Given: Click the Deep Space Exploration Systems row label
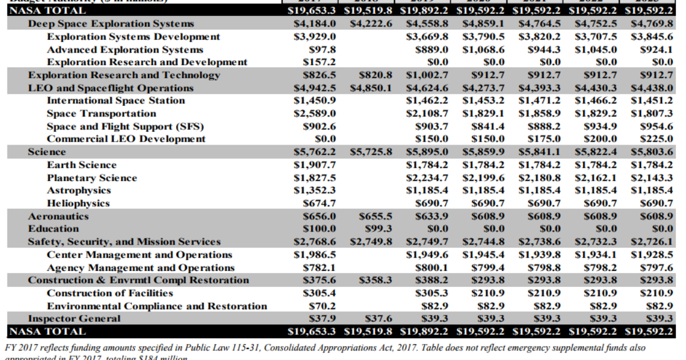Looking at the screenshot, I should [111, 24].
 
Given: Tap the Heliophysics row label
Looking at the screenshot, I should [78, 203].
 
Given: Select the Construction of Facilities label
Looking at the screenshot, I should [110, 293].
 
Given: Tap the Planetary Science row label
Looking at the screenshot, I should [91, 178].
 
